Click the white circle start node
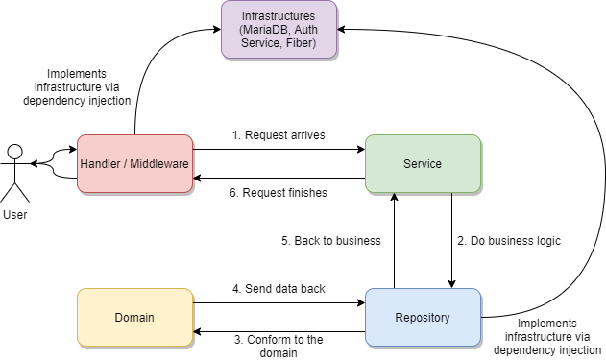click(14, 152)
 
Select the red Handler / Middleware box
click(134, 163)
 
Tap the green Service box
click(423, 163)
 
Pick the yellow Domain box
click(134, 317)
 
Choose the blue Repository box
click(423, 317)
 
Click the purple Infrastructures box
click(279, 29)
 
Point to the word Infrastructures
click(279, 16)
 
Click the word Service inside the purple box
click(259, 43)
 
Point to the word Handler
click(101, 164)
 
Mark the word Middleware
click(159, 164)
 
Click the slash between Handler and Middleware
click(126, 164)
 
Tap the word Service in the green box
click(423, 164)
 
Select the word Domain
click(134, 318)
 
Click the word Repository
click(423, 318)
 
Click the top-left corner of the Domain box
click(79, 290)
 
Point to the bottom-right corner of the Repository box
click(479, 345)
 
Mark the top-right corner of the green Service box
click(479, 136)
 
